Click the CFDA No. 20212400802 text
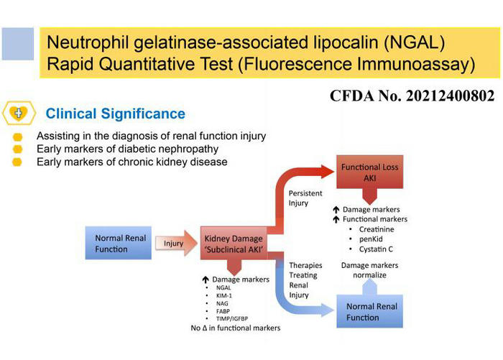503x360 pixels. (x=412, y=96)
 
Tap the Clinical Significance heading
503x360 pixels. (x=115, y=114)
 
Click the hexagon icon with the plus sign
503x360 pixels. (x=17, y=114)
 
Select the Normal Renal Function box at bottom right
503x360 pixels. (x=372, y=313)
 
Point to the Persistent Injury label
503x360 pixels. (x=305, y=198)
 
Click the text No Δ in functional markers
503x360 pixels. (x=236, y=328)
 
